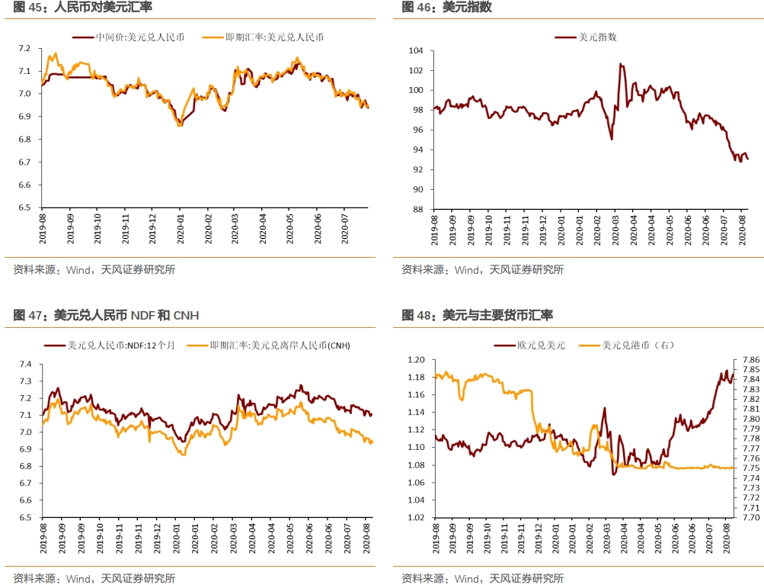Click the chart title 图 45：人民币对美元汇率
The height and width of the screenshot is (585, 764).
[x=83, y=7]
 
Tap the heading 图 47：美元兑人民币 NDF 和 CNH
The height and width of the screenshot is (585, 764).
[x=106, y=315]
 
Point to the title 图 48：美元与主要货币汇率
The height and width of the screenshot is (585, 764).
[x=477, y=315]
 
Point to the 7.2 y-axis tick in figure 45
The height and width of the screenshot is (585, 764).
[x=25, y=48]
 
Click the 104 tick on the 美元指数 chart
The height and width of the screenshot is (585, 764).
[x=415, y=50]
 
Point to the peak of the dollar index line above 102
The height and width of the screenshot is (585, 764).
[x=621, y=64]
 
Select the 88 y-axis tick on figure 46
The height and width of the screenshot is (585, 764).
[x=417, y=209]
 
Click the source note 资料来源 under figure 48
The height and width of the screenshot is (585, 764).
[x=482, y=578]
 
